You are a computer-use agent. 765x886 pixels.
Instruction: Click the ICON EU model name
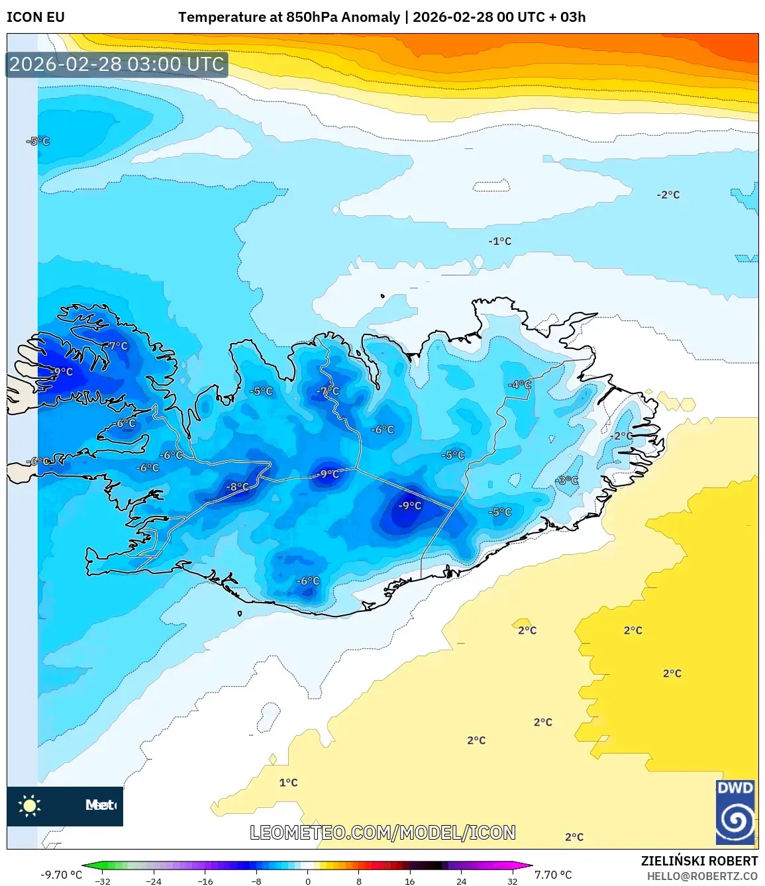tap(36, 17)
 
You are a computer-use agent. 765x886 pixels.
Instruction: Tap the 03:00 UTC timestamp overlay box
tap(117, 64)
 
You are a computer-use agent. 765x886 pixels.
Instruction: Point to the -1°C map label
tap(500, 241)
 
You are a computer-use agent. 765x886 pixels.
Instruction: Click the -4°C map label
tap(519, 385)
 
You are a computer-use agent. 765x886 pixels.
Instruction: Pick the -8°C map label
tap(238, 487)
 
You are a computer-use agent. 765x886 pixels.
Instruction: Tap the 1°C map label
tap(288, 783)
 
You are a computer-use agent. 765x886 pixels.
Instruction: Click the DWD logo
tap(735, 812)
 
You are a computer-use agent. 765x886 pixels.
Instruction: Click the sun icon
tap(30, 806)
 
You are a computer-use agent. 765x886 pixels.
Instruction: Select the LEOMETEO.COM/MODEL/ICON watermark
tap(383, 832)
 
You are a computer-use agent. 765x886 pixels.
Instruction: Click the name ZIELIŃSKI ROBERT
tap(699, 861)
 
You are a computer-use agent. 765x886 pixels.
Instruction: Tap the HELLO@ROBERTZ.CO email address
tap(702, 876)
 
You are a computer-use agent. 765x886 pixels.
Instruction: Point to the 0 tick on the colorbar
tap(308, 881)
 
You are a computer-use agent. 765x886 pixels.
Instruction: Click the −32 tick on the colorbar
tap(103, 881)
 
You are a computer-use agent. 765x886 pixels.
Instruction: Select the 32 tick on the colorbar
tap(512, 881)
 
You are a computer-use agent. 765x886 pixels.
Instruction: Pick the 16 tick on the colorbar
tap(410, 881)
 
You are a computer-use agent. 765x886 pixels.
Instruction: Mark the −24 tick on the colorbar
tap(154, 881)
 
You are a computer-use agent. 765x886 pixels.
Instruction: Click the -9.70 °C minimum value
tap(62, 875)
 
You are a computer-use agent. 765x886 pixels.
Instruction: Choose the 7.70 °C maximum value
tap(553, 875)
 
